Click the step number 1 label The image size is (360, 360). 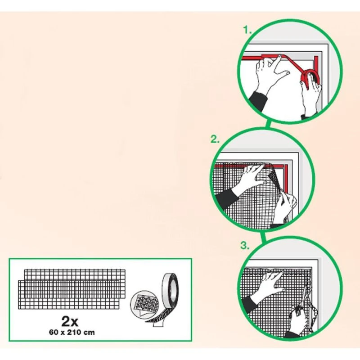(x=247, y=30)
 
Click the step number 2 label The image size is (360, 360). (x=215, y=139)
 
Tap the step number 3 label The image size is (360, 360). (x=245, y=245)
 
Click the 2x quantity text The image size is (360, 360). (x=70, y=321)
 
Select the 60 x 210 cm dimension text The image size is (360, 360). (x=72, y=332)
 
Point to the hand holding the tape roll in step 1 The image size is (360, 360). (x=311, y=94)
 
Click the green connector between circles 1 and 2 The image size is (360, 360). (x=268, y=125)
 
